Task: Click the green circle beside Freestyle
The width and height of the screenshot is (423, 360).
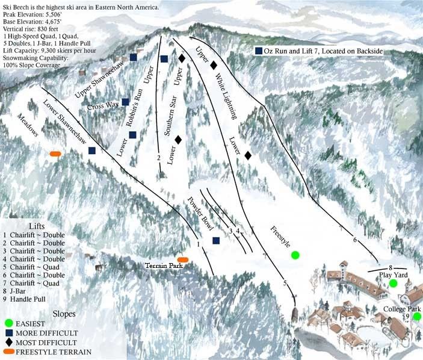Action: tap(295, 255)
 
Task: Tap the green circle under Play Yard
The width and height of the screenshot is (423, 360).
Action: tap(393, 283)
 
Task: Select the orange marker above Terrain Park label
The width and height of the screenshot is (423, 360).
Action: tap(183, 259)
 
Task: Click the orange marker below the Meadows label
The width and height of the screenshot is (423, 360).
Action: tap(55, 154)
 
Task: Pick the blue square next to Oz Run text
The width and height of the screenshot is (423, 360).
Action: tap(258, 52)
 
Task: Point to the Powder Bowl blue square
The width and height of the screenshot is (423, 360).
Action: tap(216, 240)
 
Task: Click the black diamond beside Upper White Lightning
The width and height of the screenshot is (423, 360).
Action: tap(214, 65)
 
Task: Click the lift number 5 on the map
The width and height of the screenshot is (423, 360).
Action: tap(285, 282)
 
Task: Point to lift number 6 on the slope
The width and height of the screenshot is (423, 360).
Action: tap(355, 240)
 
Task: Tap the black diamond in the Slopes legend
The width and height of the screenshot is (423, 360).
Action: tap(8, 342)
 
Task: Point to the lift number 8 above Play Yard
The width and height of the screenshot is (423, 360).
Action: tap(391, 267)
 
